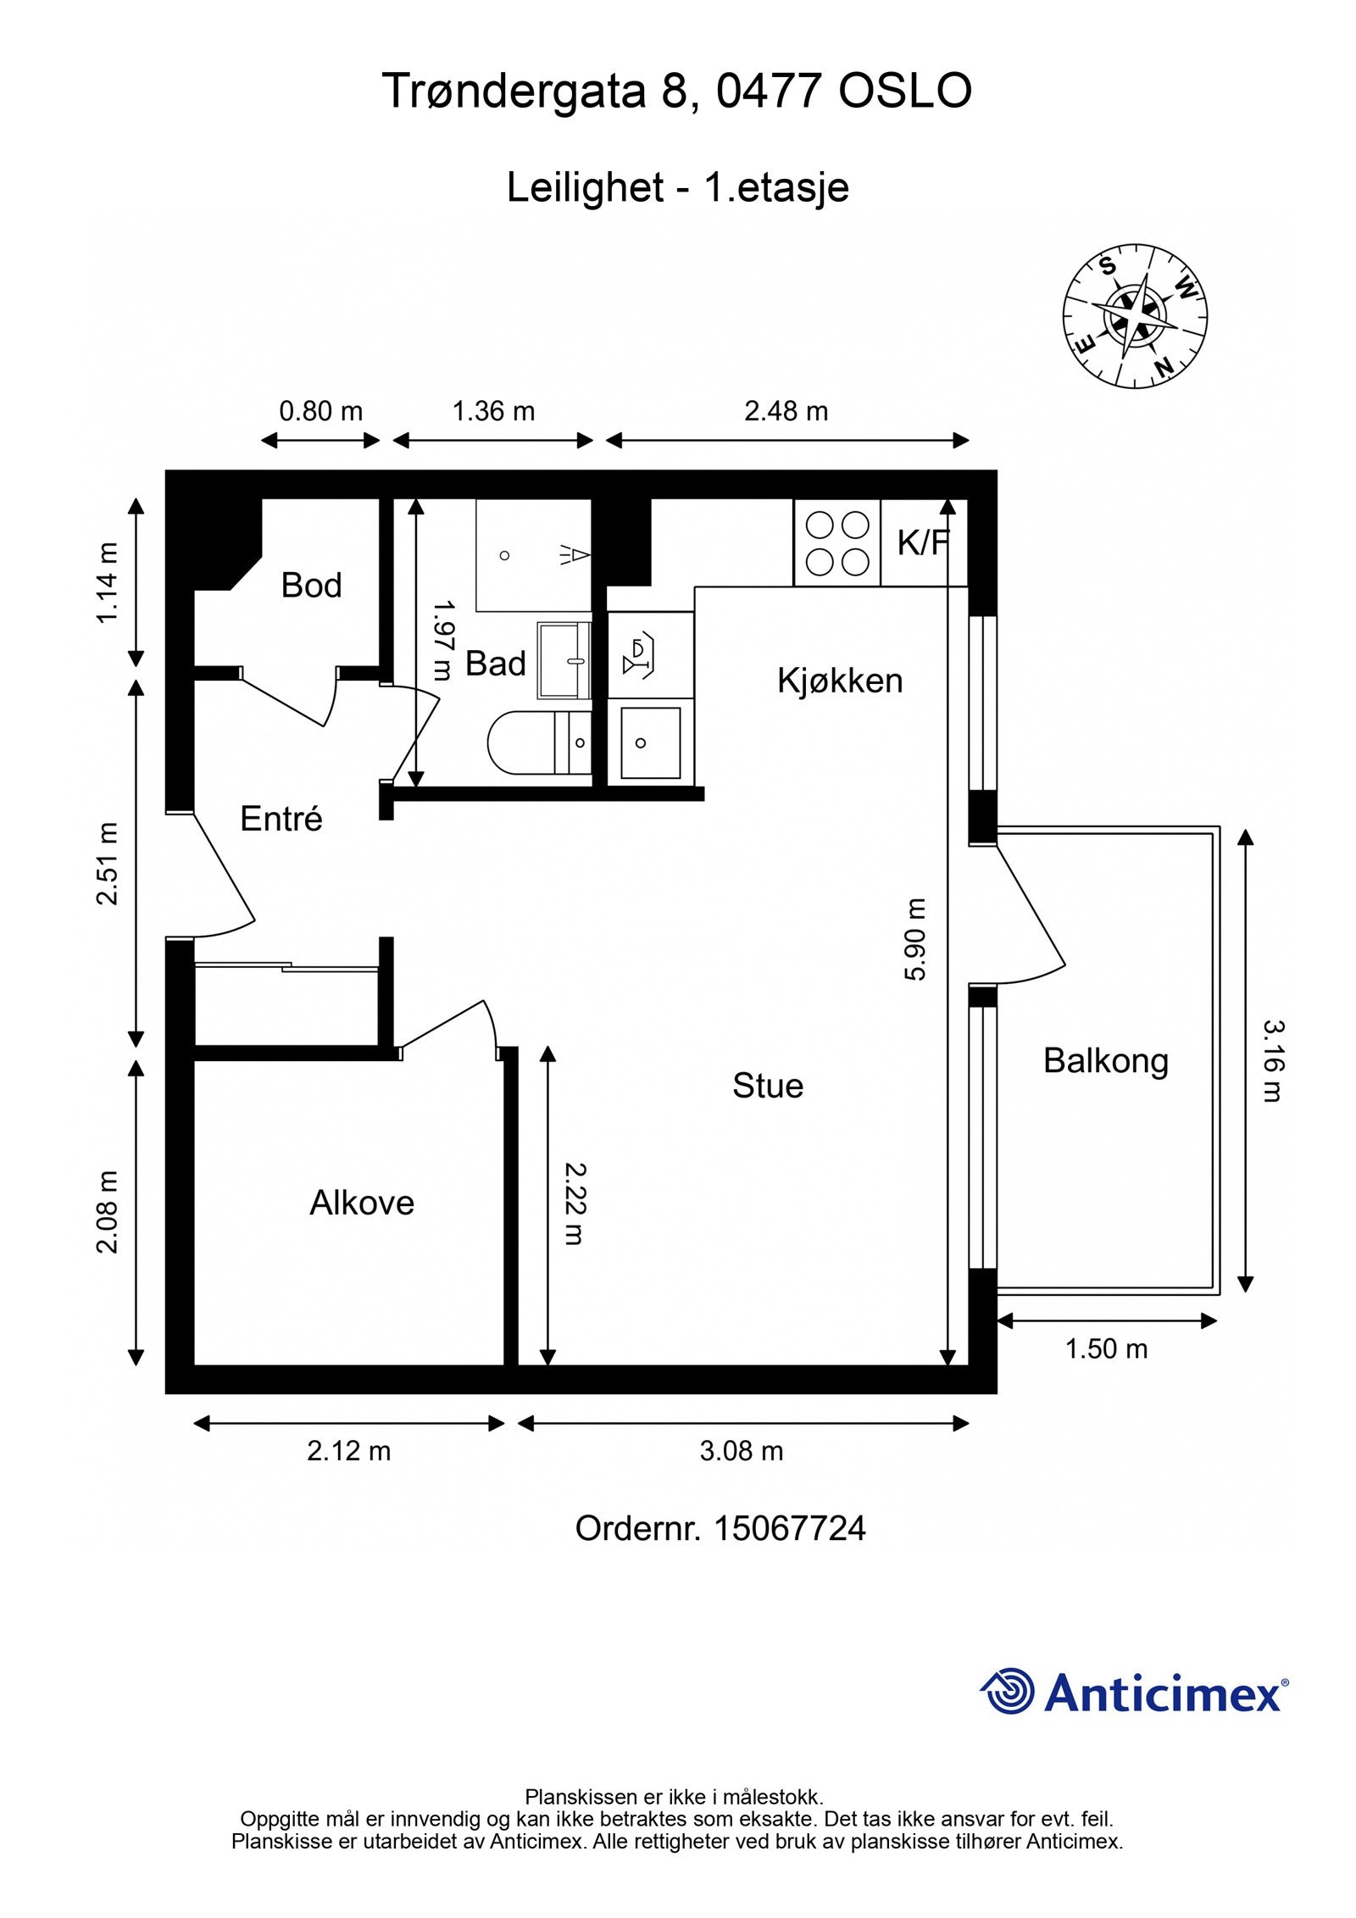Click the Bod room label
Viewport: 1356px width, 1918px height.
(x=311, y=585)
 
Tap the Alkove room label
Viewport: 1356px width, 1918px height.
(x=362, y=1203)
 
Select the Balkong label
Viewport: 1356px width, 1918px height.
(x=1105, y=1061)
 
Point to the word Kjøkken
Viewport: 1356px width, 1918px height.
(x=840, y=681)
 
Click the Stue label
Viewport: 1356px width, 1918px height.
(x=768, y=1086)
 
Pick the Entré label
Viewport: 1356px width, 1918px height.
(x=281, y=819)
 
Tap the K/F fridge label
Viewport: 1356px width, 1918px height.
(x=922, y=543)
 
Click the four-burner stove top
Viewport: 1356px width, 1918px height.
(x=837, y=542)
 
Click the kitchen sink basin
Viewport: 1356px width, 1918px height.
(x=650, y=742)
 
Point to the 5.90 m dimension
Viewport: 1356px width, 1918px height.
(x=915, y=939)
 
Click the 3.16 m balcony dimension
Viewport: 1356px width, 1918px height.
(x=1273, y=1060)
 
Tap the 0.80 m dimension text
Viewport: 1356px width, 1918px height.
(x=321, y=411)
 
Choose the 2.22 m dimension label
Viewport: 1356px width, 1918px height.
(x=575, y=1204)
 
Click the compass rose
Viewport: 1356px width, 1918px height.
(x=1136, y=317)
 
